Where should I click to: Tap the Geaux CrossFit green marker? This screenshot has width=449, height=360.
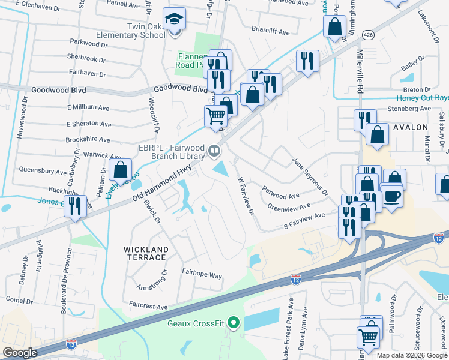tap(234, 324)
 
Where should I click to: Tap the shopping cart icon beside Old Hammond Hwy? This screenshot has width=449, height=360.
tap(215, 115)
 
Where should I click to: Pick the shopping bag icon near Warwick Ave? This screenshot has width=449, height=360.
tap(121, 170)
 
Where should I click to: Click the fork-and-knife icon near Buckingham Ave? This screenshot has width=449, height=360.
tap(75, 206)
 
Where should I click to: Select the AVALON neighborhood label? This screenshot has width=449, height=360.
tap(411, 127)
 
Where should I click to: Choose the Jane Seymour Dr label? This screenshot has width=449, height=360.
tap(310, 177)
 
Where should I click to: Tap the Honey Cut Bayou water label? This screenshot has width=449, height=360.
tap(422, 98)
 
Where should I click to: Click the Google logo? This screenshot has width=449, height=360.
tap(20, 353)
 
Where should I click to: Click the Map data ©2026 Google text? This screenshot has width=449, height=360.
tap(411, 355)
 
